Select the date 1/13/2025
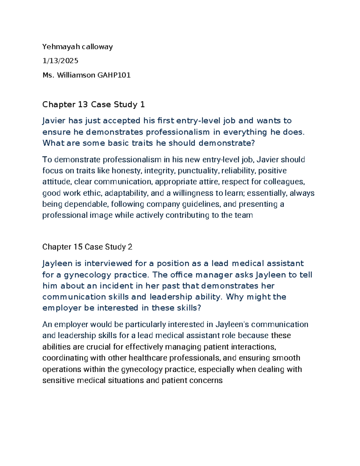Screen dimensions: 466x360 [60, 61]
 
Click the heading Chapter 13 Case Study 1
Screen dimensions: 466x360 [93, 104]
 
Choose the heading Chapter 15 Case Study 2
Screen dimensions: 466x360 [87, 247]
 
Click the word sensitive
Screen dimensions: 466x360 [58, 380]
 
